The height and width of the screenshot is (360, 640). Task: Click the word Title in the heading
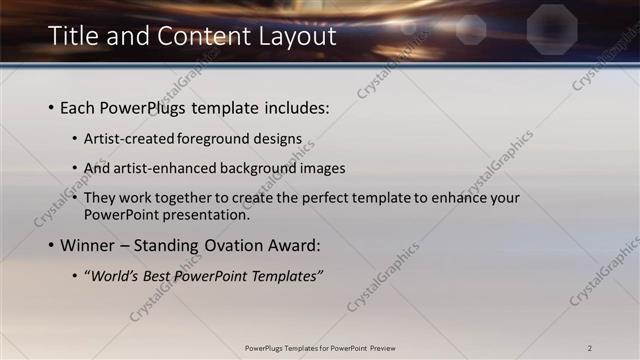(75, 38)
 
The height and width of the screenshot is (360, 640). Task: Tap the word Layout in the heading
(290, 38)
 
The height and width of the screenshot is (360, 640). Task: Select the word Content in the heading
(191, 38)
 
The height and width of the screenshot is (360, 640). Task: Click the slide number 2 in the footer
(590, 347)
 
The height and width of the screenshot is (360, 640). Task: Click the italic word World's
(112, 275)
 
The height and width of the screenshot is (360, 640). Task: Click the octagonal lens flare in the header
(547, 22)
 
